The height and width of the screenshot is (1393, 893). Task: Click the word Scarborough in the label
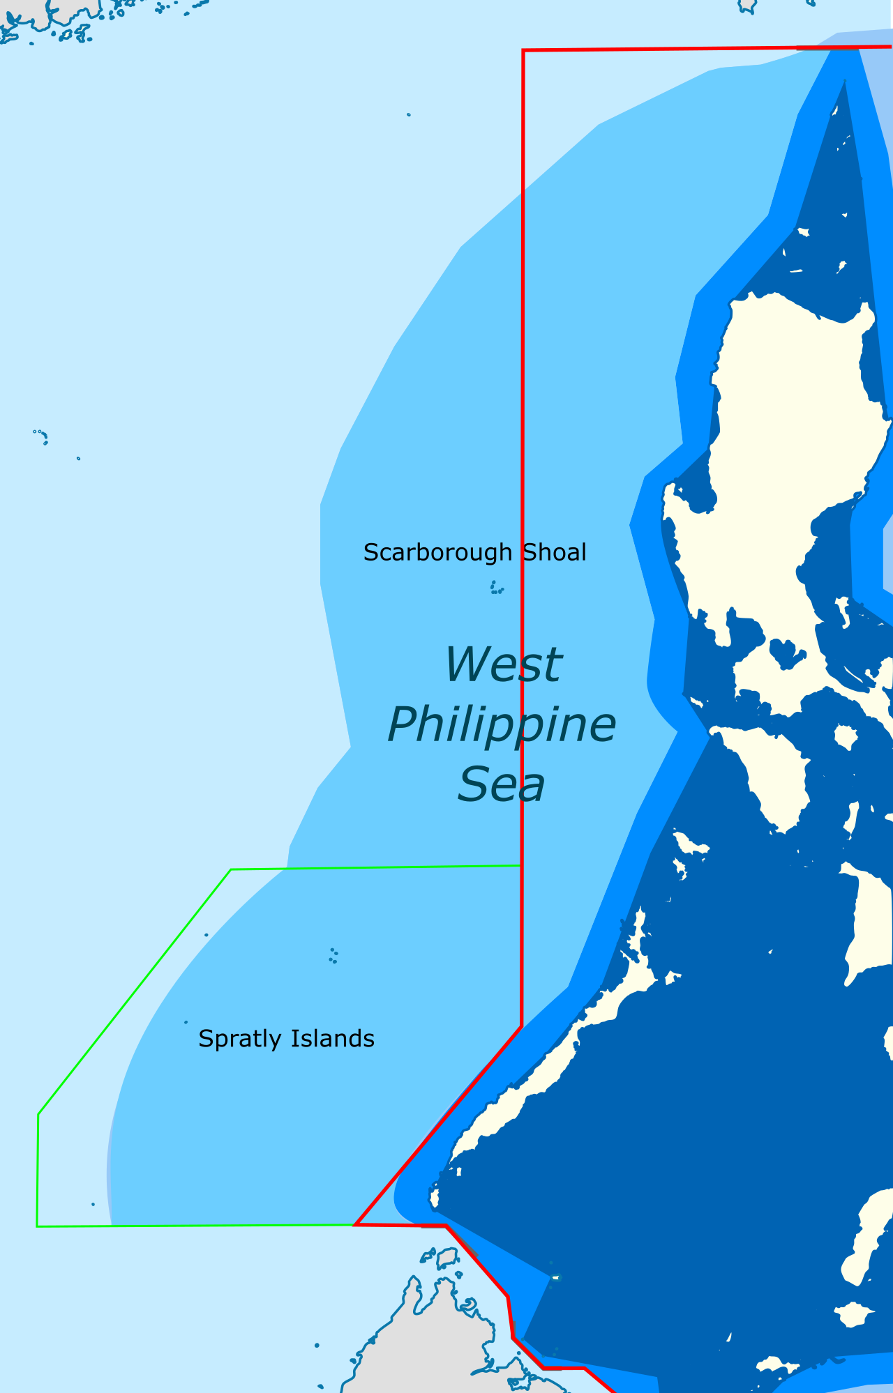[x=437, y=553]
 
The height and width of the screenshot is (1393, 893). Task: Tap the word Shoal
[x=555, y=553]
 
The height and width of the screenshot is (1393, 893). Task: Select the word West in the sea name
[x=502, y=664]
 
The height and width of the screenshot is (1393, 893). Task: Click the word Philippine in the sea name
[x=501, y=725]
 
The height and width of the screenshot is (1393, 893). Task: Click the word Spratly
[x=240, y=1039]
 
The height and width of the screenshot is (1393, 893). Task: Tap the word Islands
[x=332, y=1039]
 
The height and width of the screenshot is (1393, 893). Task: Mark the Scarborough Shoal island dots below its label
[x=496, y=588]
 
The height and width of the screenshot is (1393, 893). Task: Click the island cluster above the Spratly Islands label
[x=333, y=956]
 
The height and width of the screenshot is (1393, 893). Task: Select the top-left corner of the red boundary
[x=523, y=51]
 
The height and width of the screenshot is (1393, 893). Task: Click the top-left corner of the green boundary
[x=231, y=869]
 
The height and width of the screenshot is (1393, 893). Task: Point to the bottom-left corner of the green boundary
[x=37, y=1226]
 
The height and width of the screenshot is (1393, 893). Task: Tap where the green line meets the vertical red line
[x=521, y=865]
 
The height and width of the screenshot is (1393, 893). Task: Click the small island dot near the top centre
[x=409, y=114]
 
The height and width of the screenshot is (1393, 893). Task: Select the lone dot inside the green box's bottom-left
[x=93, y=1204]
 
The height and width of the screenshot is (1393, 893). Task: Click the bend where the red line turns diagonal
[x=521, y=1026]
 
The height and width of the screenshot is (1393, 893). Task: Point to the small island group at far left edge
[x=41, y=436]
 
